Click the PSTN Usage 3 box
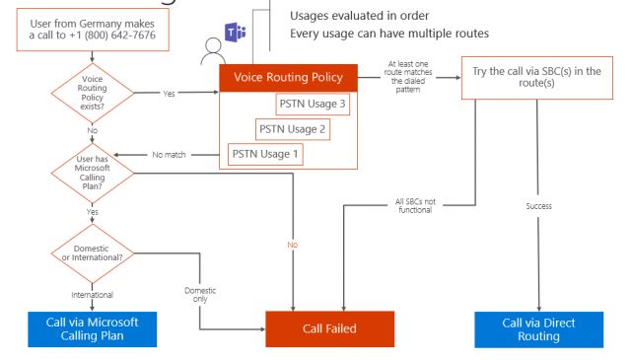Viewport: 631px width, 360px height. (313, 104)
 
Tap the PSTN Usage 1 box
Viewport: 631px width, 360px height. (265, 154)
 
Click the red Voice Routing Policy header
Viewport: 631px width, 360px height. (287, 77)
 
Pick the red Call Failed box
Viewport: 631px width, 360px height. (329, 328)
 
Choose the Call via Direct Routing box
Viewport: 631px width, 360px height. (538, 328)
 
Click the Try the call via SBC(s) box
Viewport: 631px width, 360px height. (537, 77)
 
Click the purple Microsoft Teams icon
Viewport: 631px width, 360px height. (237, 35)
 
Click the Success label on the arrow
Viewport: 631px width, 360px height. (538, 206)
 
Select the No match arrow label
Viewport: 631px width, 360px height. (170, 155)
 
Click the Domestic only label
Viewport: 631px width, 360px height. (200, 294)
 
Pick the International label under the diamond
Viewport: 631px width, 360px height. (92, 294)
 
